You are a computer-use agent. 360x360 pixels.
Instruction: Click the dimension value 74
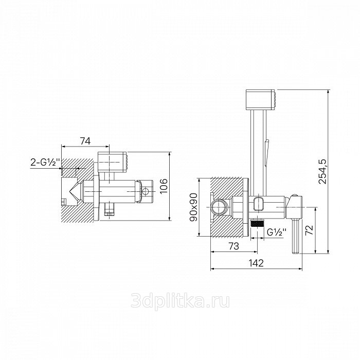(x=85, y=141)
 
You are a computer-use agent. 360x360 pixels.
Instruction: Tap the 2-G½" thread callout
(x=45, y=163)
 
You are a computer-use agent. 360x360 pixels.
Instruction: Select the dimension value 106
(x=164, y=186)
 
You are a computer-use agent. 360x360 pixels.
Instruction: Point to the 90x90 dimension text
(x=193, y=207)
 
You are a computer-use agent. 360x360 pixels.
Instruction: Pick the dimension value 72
(x=310, y=229)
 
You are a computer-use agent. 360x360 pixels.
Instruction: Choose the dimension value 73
(x=234, y=246)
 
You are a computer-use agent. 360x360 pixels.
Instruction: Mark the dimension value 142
(x=256, y=263)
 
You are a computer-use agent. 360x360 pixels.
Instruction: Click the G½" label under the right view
(x=277, y=232)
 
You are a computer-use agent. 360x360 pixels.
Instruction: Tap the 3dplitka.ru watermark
(x=180, y=301)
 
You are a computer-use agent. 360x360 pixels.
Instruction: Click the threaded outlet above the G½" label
(x=257, y=223)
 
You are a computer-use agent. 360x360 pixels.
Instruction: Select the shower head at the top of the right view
(x=261, y=100)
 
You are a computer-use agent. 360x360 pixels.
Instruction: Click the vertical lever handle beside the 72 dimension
(x=295, y=236)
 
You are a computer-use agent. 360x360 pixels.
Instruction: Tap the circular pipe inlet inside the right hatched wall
(x=219, y=207)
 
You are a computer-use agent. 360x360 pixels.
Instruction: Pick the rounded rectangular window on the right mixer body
(x=259, y=203)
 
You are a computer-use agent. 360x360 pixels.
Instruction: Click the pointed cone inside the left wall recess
(x=76, y=190)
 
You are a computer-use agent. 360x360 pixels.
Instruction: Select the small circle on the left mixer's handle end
(x=146, y=190)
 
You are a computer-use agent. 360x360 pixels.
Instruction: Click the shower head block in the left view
(x=112, y=161)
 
